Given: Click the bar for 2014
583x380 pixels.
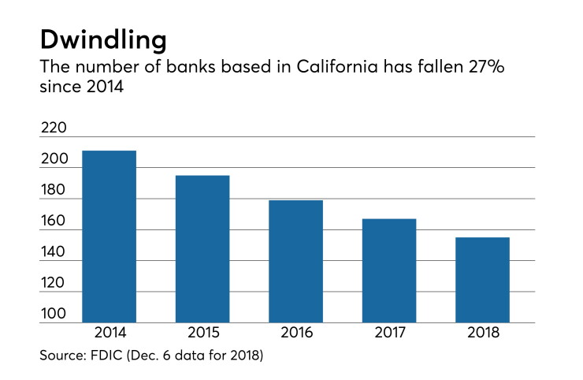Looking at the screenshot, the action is [x=109, y=237].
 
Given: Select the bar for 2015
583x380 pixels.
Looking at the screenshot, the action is [x=202, y=249].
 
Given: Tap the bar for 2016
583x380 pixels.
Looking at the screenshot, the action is [x=295, y=261].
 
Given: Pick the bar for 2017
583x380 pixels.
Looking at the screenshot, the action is [x=389, y=270].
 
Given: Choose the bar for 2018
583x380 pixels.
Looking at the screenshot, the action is [x=482, y=280].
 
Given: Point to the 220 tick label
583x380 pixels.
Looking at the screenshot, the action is [x=54, y=128].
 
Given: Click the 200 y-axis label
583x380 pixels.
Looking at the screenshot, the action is [x=54, y=159].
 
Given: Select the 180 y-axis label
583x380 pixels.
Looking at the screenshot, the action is [x=53, y=190].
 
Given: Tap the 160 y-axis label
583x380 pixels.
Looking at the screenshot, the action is [x=53, y=221].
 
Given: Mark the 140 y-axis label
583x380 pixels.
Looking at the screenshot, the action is [x=53, y=252].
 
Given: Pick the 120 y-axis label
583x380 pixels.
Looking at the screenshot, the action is [x=53, y=283].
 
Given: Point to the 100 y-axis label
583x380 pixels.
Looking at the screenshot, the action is [x=54, y=314].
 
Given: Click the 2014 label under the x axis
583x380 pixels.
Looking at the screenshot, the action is [x=110, y=333].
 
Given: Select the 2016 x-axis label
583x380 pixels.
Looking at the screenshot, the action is [x=297, y=333].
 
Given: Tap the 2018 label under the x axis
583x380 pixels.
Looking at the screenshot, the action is [x=483, y=333].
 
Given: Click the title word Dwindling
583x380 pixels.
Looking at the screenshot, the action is [x=103, y=40].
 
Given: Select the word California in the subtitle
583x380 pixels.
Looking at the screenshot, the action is [x=337, y=67].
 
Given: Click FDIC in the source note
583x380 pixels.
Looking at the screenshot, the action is [x=106, y=355].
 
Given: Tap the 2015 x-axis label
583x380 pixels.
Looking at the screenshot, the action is [x=203, y=333].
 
